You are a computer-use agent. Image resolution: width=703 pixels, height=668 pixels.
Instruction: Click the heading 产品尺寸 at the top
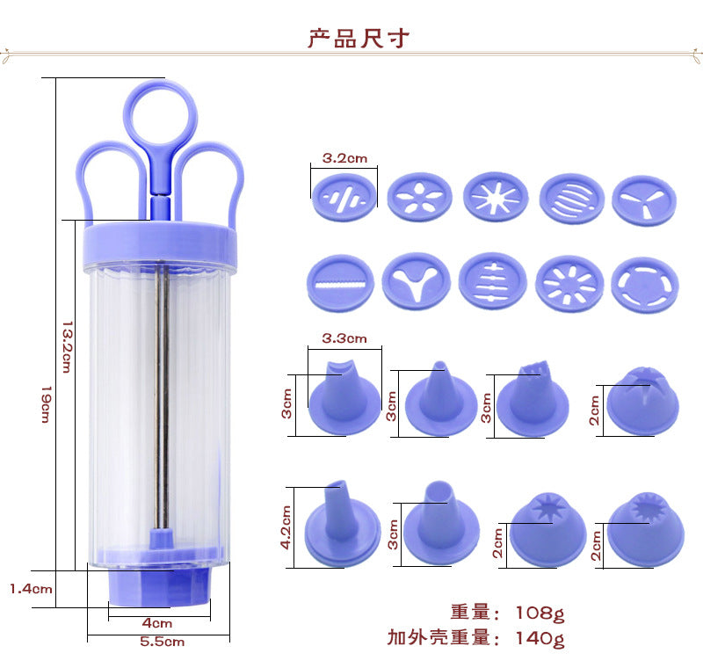tap(358, 39)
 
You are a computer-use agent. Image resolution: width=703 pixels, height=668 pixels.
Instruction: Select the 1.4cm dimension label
tap(30, 588)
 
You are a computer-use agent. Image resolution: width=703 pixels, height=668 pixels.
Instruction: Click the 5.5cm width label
tap(163, 642)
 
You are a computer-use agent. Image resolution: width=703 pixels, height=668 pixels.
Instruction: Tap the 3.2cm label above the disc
tap(344, 159)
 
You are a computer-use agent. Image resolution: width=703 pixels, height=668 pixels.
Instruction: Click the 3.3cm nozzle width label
tap(344, 337)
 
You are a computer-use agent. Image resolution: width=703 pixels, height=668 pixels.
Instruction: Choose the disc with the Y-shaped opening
tap(418, 280)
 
